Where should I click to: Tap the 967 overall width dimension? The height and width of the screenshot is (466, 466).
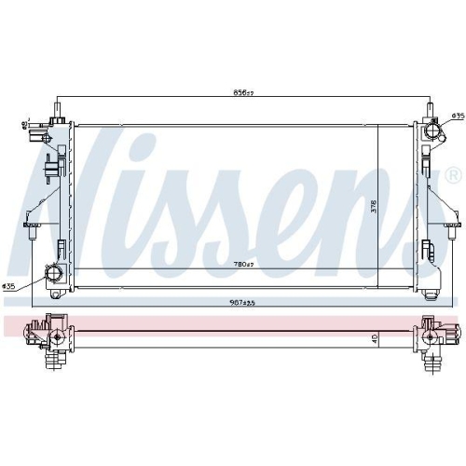click(245, 302)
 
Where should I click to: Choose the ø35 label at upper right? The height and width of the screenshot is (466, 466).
click(457, 116)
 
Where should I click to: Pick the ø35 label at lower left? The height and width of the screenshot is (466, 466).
click(8, 285)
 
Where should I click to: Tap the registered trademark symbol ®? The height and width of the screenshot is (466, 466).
click(454, 175)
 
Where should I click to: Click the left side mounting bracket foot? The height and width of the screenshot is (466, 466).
click(31, 224)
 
